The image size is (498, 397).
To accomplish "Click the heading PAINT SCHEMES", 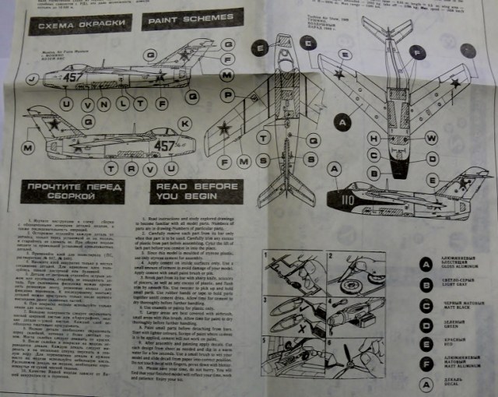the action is pos(177,23).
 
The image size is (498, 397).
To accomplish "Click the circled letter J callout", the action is pos(31,79).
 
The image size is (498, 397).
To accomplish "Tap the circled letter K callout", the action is pos(184,124).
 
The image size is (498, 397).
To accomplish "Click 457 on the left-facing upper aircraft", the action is pos(73,78).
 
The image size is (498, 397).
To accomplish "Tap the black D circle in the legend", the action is pos(425,324).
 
